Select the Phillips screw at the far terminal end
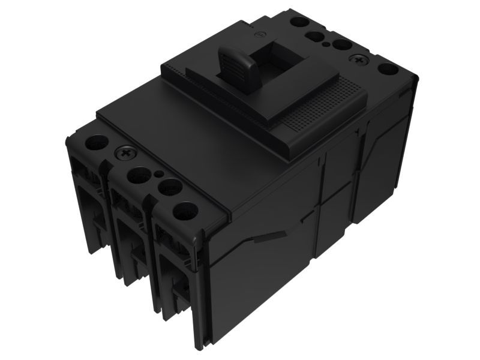[x=359, y=60]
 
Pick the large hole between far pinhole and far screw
[x=342, y=45]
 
